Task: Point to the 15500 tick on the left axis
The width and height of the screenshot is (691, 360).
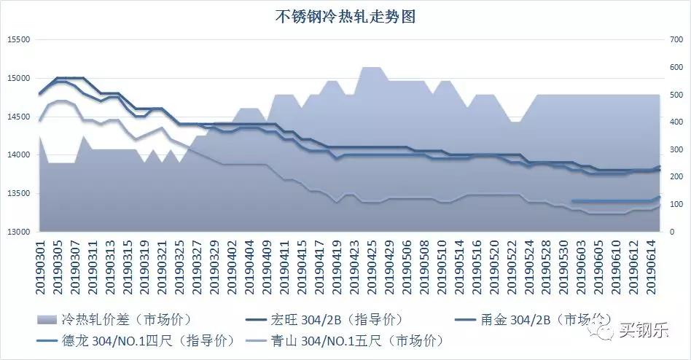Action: point(19,40)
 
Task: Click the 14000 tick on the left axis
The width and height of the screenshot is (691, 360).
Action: point(19,155)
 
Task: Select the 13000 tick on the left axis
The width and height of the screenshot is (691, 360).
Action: point(19,232)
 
